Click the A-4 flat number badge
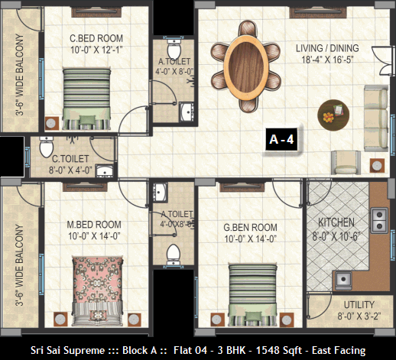281,139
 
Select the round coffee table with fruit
333,115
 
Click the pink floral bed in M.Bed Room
98,291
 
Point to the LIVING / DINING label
327,48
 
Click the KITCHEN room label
336,222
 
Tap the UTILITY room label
359,305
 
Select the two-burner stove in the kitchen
379,220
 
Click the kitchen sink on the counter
343,280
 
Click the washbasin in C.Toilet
104,171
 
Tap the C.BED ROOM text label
96,38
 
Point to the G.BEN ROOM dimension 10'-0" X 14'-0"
251,239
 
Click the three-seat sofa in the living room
376,118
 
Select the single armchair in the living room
346,162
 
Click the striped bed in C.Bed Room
86,99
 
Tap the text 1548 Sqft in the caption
279,351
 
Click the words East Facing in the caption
339,351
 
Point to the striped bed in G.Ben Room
252,295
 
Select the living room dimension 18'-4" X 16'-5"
327,60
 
